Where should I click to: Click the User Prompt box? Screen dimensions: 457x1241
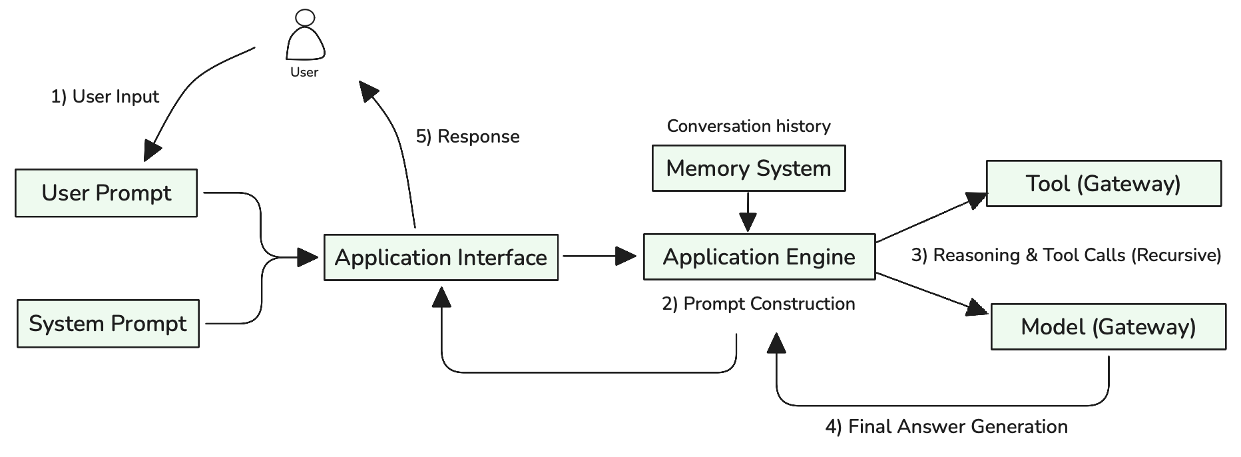tap(107, 193)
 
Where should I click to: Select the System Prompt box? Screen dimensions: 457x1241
tap(108, 324)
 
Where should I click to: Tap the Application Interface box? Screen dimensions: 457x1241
tap(441, 257)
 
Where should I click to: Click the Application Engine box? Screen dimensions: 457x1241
tap(759, 256)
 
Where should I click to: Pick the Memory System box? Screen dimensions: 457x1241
tap(748, 169)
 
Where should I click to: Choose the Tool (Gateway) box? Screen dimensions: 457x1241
tap(1103, 183)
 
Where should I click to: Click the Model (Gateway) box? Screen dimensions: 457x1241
tap(1108, 326)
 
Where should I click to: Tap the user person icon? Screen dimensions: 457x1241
tap(305, 37)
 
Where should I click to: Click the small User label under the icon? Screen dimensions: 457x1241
tap(304, 72)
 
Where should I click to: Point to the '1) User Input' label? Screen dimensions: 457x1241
tap(105, 97)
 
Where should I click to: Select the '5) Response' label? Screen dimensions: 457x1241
tap(467, 137)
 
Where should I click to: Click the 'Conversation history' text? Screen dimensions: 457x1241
tap(748, 126)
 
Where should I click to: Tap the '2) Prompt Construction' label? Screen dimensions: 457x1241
tap(758, 304)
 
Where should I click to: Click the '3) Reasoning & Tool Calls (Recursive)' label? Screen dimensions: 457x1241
tap(1066, 255)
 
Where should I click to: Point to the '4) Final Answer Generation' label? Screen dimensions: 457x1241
tap(946, 426)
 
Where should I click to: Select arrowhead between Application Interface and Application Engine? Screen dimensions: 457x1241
tap(626, 256)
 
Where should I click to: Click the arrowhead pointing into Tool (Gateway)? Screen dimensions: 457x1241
tap(977, 199)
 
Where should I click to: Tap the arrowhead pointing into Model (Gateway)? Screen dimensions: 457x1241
tap(978, 308)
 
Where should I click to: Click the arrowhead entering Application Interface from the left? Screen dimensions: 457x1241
tap(308, 257)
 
